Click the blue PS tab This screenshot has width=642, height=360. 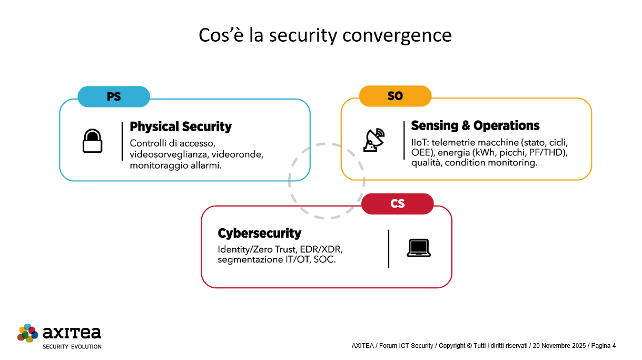[113, 97]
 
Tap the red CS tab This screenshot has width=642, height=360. [397, 204]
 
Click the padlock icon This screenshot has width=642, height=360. [92, 141]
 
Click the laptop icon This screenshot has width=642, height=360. [417, 248]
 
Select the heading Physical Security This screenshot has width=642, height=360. [181, 127]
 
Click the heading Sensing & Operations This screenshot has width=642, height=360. [475, 126]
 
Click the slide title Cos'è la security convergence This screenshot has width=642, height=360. [320, 35]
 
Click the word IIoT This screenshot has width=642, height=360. [420, 142]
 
